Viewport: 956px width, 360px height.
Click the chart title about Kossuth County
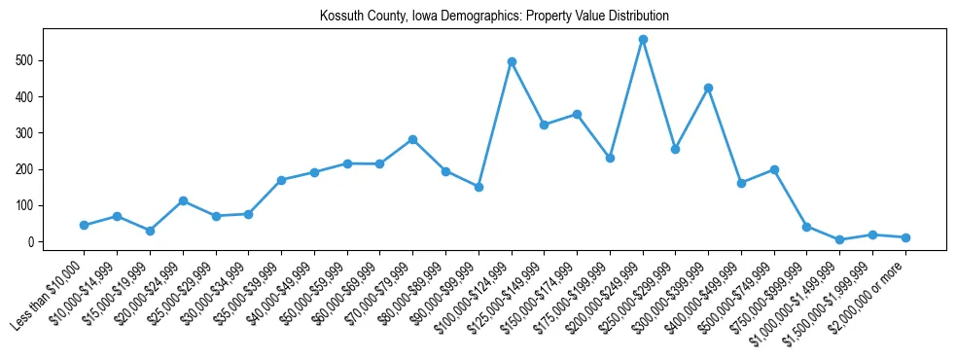494,17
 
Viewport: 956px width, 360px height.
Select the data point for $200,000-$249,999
643,39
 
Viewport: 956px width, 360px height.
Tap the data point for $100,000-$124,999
512,61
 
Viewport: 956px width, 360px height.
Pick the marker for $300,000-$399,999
709,88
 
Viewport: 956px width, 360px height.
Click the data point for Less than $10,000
84,225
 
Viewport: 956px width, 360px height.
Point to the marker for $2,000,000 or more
905,237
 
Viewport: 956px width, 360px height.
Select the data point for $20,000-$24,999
183,200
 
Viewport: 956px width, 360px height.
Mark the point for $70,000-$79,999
412,139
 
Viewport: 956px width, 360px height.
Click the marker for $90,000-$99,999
478,187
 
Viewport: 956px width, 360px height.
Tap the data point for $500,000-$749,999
774,169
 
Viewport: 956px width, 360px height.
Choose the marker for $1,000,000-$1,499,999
839,239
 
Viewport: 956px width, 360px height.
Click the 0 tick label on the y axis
30,242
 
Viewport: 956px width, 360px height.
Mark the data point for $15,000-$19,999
150,231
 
